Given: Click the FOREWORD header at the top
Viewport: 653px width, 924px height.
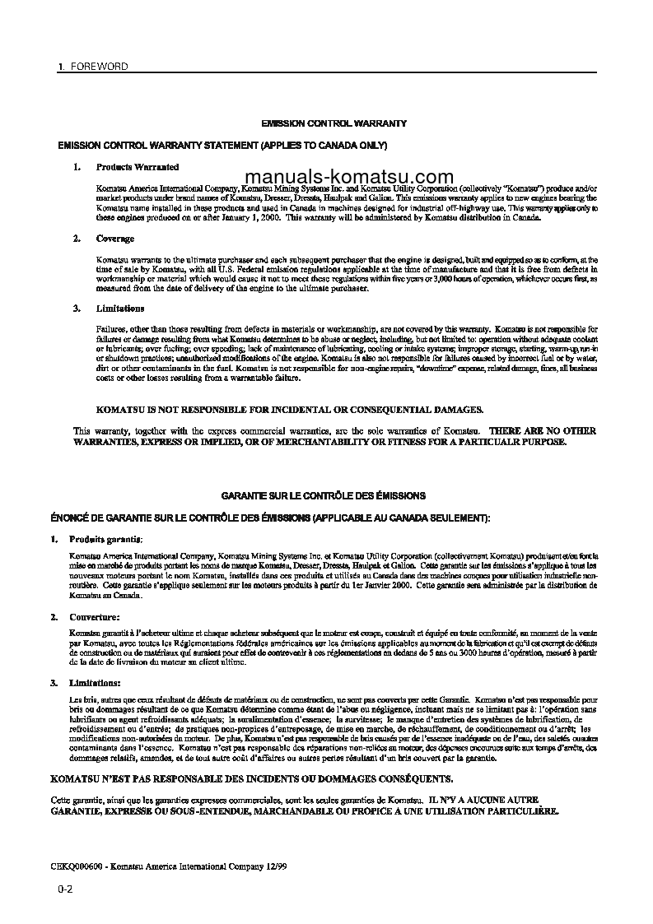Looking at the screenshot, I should [x=96, y=66].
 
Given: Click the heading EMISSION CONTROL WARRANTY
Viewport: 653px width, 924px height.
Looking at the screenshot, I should [x=333, y=123].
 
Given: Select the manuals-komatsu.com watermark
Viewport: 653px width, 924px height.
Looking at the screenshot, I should [x=349, y=177].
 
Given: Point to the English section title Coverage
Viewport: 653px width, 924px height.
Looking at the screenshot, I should [x=115, y=238].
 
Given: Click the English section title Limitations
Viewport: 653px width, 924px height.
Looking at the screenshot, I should [x=120, y=309].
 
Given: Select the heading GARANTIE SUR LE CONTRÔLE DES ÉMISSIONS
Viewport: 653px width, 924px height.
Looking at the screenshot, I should [x=324, y=496].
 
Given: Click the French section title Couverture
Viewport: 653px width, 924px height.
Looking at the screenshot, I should [x=96, y=616].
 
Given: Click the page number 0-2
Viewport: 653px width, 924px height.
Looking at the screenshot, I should [x=66, y=889].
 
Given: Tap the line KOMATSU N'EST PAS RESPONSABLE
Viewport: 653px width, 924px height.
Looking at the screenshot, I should [x=250, y=778].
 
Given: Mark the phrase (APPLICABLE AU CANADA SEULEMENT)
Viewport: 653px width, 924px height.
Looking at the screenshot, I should [x=401, y=518].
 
